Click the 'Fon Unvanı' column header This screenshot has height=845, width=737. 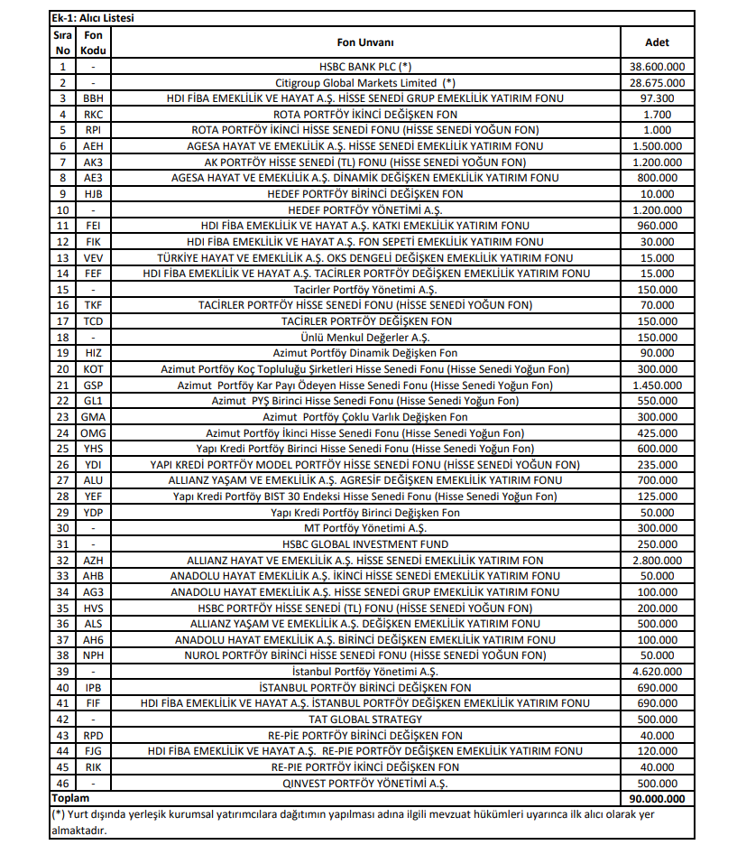click(x=365, y=42)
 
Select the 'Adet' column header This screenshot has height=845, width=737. click(x=657, y=42)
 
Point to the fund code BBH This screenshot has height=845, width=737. click(x=93, y=98)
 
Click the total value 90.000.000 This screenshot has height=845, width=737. click(x=657, y=799)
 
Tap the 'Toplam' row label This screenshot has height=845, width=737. click(x=70, y=799)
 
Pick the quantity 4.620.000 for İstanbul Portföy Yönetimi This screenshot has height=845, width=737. click(x=657, y=672)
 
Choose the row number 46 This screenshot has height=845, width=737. click(x=62, y=784)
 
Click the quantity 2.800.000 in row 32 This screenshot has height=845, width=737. click(x=657, y=561)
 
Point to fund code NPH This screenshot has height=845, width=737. click(x=93, y=656)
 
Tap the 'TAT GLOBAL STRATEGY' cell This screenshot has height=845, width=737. click(x=365, y=720)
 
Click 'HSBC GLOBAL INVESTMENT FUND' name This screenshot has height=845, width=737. click(x=365, y=544)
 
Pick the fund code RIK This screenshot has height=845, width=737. click(x=93, y=767)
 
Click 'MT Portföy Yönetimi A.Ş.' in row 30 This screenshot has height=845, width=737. click(x=365, y=529)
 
